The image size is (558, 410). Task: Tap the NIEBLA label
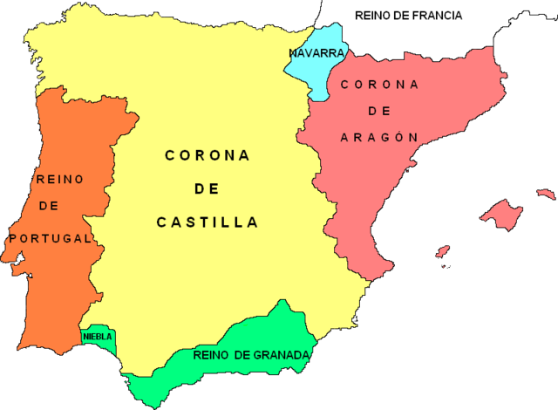point(97,336)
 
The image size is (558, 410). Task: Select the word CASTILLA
point(208,222)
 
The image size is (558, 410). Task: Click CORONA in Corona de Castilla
point(208,155)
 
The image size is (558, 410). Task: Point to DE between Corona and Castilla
point(207,188)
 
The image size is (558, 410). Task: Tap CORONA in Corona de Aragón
point(380,84)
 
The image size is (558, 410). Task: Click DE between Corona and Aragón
point(380,111)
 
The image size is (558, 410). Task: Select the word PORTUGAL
point(49,237)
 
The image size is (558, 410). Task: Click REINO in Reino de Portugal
point(59,179)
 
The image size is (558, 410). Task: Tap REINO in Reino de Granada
point(209,355)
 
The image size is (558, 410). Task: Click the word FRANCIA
point(432,15)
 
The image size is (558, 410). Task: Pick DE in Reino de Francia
point(400,15)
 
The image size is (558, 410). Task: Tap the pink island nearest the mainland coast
point(442,253)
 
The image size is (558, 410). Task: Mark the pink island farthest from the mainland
point(546,194)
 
